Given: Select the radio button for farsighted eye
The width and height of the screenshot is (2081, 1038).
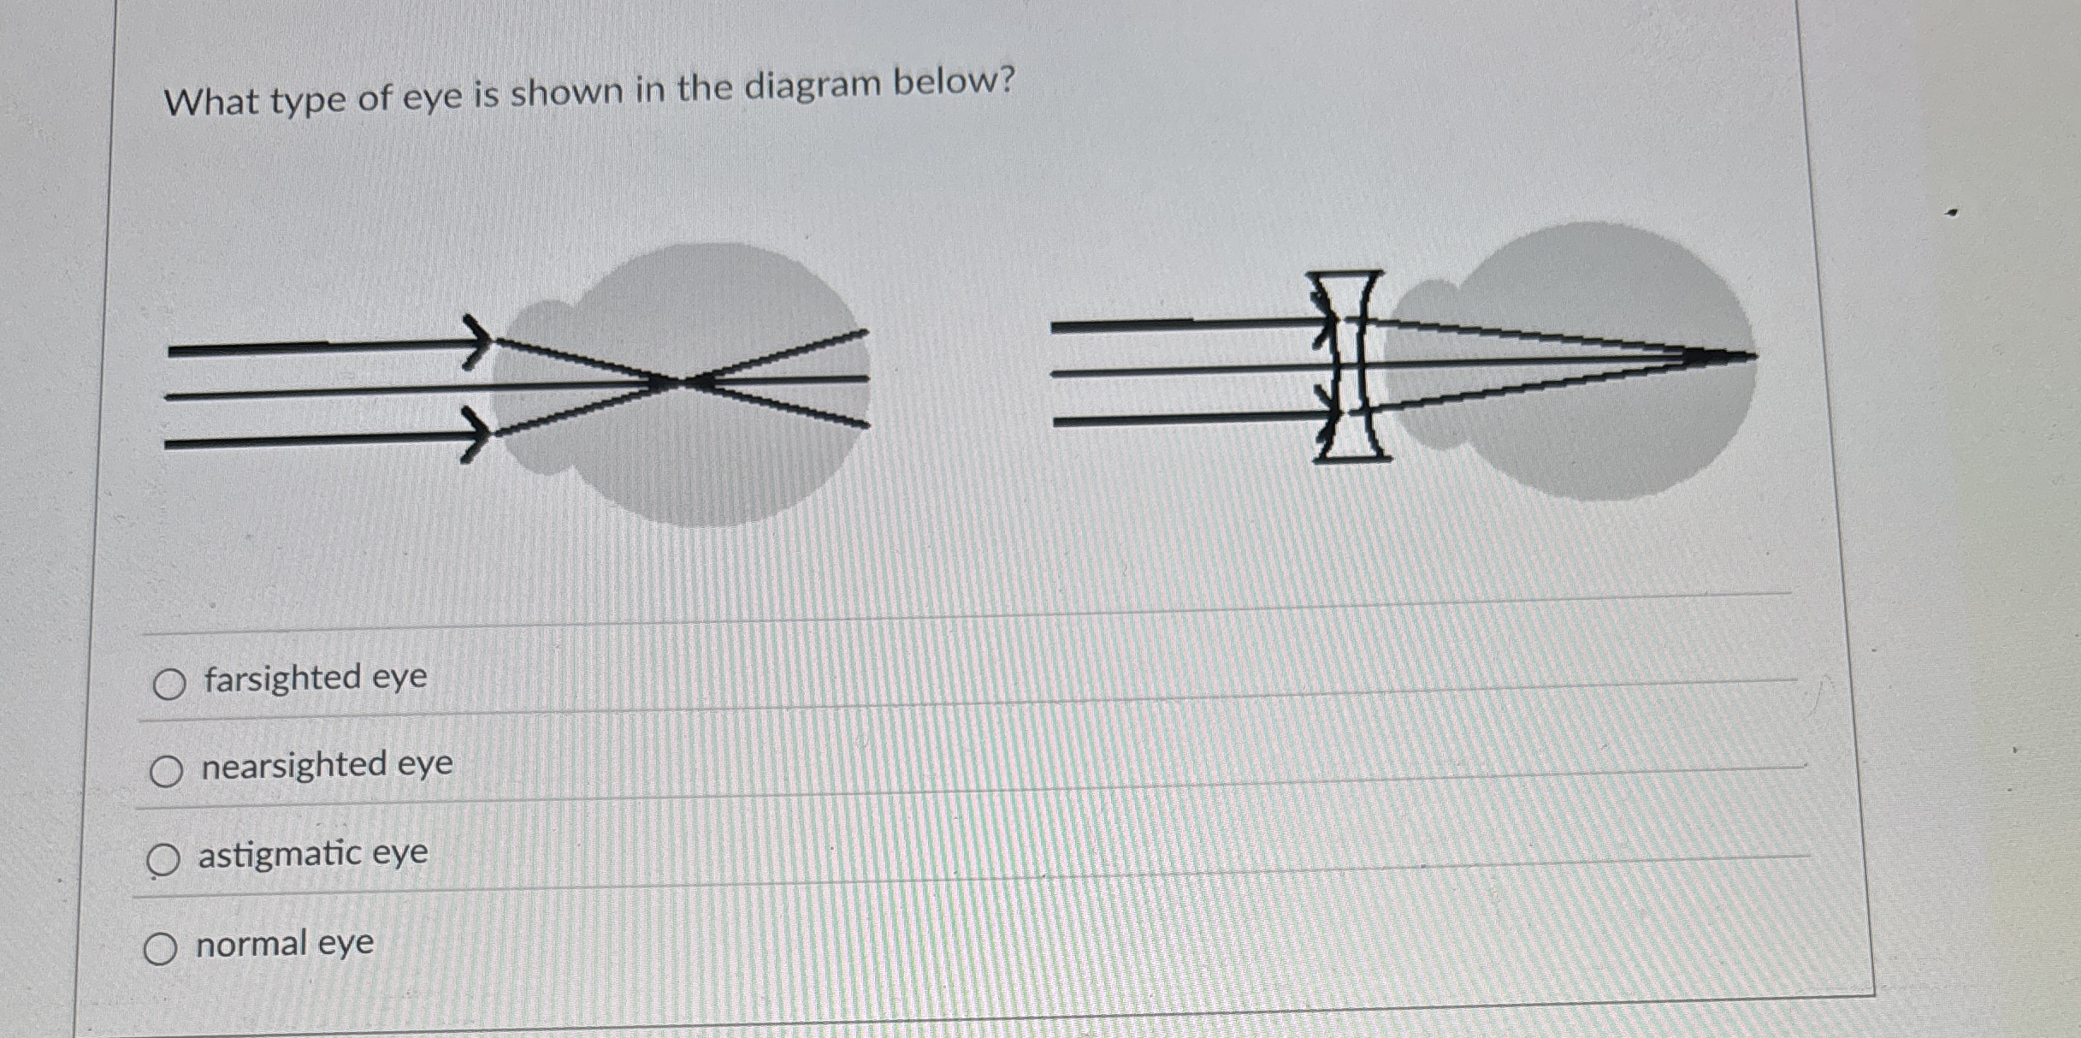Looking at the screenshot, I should (x=169, y=684).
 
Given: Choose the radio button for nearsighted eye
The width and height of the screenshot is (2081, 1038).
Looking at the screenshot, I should (x=166, y=771).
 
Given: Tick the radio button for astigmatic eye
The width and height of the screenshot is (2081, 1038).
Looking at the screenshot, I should (x=163, y=859).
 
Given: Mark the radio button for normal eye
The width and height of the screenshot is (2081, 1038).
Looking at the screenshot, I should (x=160, y=948).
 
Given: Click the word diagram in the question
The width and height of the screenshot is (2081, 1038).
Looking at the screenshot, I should (x=812, y=86).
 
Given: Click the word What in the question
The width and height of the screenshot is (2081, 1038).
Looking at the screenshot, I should (x=211, y=102).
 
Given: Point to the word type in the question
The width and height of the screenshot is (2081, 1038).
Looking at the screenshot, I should (x=308, y=99).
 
